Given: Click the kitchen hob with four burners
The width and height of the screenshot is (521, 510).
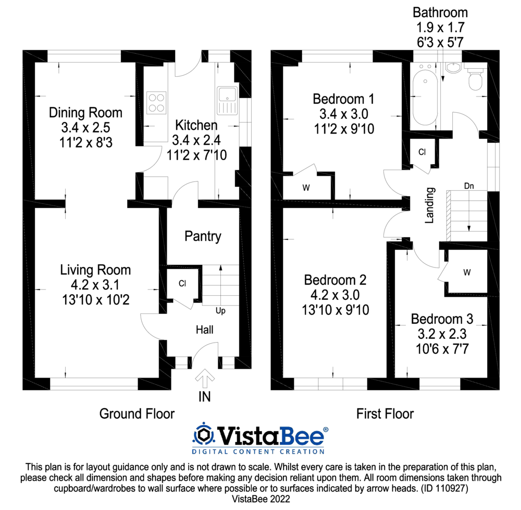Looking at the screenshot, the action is (156, 103).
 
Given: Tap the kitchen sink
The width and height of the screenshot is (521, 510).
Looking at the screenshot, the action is (227, 101).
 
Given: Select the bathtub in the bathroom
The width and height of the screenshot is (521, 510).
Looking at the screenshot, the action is (425, 98).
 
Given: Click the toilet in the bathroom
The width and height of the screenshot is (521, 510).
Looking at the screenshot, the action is (475, 78).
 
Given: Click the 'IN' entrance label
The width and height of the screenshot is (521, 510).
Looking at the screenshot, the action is (204, 397).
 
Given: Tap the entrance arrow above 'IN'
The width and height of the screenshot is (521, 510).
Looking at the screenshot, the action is (205, 378).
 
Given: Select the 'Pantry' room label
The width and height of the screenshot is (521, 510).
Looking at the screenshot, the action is (203, 236).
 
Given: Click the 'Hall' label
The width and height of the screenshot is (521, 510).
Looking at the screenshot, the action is (204, 330).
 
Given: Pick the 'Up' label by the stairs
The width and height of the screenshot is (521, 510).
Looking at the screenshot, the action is (220, 311).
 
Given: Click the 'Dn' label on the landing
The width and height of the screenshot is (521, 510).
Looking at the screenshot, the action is (469, 186).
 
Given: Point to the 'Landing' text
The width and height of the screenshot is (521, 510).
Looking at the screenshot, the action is (430, 205).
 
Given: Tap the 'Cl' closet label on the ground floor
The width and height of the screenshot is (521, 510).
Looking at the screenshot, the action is (182, 283).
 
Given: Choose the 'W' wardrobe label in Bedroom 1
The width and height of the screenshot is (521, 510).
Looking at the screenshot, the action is (306, 188).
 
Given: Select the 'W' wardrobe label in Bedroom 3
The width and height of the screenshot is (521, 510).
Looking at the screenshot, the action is (467, 273).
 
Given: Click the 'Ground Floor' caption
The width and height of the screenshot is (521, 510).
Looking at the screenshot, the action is (137, 414).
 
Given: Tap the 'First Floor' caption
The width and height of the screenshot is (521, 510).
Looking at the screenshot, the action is (385, 414).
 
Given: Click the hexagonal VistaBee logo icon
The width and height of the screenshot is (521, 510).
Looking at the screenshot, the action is (203, 434).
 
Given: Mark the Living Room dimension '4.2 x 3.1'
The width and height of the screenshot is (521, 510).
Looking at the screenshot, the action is (95, 285).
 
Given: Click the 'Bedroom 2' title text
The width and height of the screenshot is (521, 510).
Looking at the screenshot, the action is (335, 280).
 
